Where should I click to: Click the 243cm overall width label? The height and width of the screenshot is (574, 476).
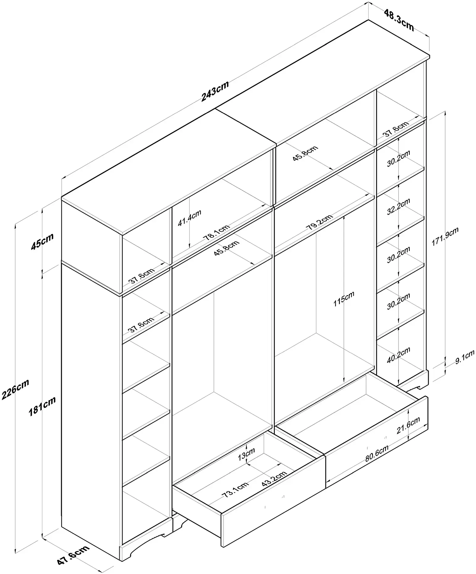click(x=215, y=91)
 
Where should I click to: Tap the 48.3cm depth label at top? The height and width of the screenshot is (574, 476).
click(x=399, y=20)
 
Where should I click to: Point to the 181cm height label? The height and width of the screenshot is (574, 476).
click(x=42, y=406)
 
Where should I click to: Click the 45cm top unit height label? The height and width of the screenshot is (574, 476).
click(x=42, y=241)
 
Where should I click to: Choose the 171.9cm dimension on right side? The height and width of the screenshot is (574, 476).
click(x=445, y=236)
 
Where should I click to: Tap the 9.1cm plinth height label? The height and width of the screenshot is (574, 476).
click(x=465, y=357)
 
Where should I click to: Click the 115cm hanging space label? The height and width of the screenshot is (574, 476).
click(x=344, y=299)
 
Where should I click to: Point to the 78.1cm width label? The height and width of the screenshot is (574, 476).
click(x=216, y=233)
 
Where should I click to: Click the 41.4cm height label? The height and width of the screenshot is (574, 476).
click(x=189, y=218)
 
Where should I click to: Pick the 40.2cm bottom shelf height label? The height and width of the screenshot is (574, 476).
click(x=399, y=355)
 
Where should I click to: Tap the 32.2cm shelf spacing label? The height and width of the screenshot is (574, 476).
click(x=399, y=207)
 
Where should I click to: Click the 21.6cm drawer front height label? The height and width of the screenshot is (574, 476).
click(x=408, y=425)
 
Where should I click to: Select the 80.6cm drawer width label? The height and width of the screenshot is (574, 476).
click(x=377, y=453)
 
